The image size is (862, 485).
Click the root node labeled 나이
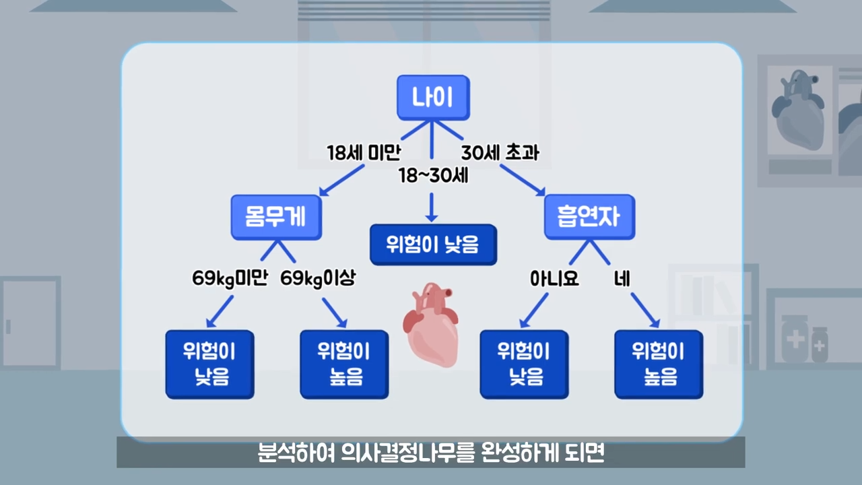coord(433,98)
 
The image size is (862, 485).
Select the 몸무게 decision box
coord(276,217)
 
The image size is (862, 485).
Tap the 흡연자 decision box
coord(589,217)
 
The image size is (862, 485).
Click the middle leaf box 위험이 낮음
coord(433,245)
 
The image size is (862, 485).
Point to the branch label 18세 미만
coord(364,152)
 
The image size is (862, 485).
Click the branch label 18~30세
coord(433,176)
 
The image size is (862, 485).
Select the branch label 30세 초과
coord(500,152)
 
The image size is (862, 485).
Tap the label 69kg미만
coord(230,278)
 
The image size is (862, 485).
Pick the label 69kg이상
coord(318,278)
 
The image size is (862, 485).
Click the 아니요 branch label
coord(554,278)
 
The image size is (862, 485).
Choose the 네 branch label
coord(622,278)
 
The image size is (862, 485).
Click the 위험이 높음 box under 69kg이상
coord(344,364)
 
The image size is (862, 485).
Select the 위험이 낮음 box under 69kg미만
coord(209,364)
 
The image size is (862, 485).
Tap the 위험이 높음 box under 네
coord(659,364)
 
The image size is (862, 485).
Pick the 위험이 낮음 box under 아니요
coord(524,364)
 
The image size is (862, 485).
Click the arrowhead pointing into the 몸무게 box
coord(324,191)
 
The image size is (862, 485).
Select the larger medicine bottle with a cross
coord(795,339)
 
